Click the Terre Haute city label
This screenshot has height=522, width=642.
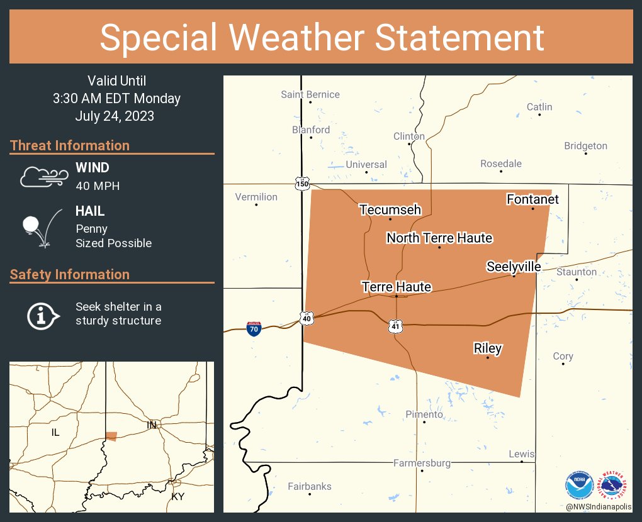(x=396, y=287)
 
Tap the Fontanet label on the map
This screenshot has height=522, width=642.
(x=532, y=199)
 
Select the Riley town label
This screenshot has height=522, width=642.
(x=487, y=348)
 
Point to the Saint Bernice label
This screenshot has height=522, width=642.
(x=310, y=94)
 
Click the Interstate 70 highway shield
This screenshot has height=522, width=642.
(x=253, y=328)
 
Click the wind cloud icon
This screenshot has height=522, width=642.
(x=43, y=177)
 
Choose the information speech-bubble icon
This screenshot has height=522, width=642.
(x=42, y=315)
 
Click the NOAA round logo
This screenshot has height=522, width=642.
(x=578, y=485)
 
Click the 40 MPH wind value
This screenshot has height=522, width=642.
(x=97, y=186)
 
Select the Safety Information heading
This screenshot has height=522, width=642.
(x=70, y=274)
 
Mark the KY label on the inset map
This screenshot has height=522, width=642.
(x=178, y=497)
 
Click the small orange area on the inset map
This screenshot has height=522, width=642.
(x=111, y=436)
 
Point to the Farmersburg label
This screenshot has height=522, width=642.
(x=422, y=463)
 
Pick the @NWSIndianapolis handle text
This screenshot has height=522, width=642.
(x=599, y=506)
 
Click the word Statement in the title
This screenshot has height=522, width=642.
(x=460, y=37)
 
